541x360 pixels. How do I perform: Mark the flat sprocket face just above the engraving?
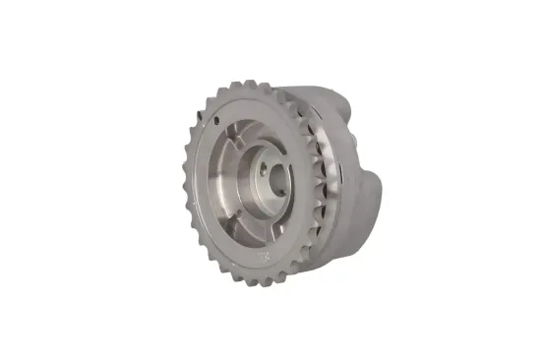pyautogui.click(x=258, y=244)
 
